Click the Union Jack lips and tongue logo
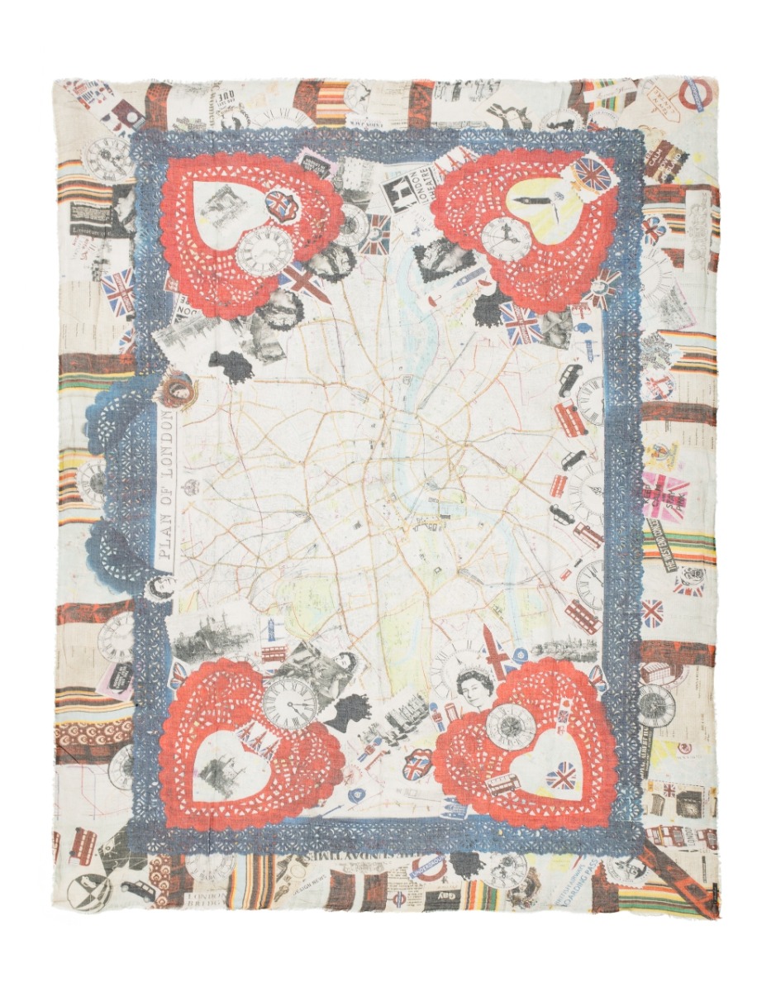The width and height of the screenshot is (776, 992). tap(416, 765)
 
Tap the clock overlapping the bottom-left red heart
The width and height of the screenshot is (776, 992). tap(290, 702)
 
